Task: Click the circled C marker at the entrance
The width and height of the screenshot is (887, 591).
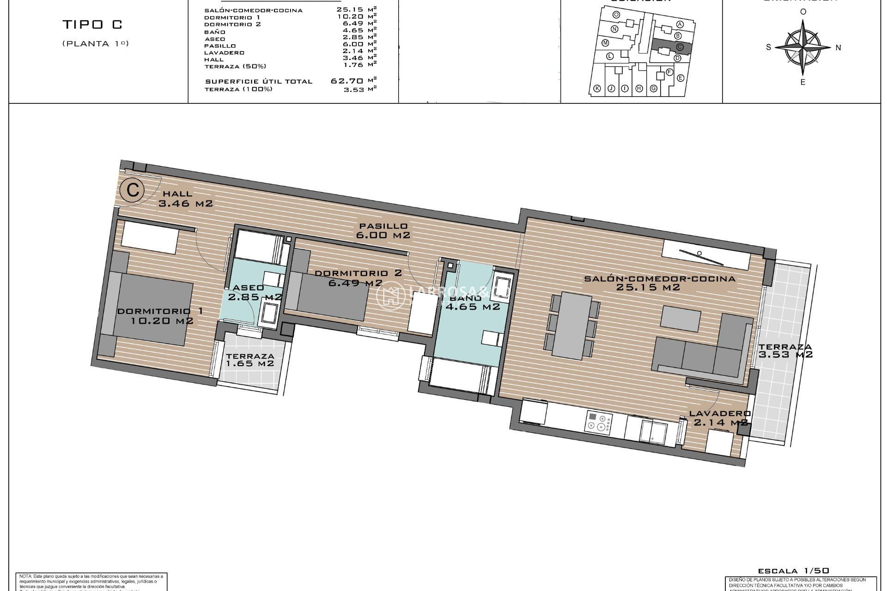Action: pos(133,190)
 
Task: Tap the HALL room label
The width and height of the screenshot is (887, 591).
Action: pos(178,194)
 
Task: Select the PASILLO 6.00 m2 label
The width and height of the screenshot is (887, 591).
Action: pos(383,230)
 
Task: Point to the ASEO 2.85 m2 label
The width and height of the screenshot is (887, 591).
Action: pos(249,292)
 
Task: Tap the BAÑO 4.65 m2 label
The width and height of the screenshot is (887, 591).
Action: pos(472,302)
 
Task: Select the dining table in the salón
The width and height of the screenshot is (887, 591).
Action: pos(572,326)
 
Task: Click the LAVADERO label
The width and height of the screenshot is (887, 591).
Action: pos(720,414)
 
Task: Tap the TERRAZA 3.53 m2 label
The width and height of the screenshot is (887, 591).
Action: pos(785,351)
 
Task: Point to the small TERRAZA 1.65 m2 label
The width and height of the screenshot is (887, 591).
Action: pos(250,360)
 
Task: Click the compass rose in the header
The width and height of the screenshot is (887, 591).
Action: pos(803,47)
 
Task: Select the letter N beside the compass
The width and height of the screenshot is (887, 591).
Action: pos(838,48)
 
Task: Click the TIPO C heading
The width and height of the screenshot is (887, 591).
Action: pos(92,24)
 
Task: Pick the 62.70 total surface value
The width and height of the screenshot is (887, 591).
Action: pos(347,81)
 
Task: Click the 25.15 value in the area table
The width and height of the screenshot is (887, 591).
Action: pos(350,9)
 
